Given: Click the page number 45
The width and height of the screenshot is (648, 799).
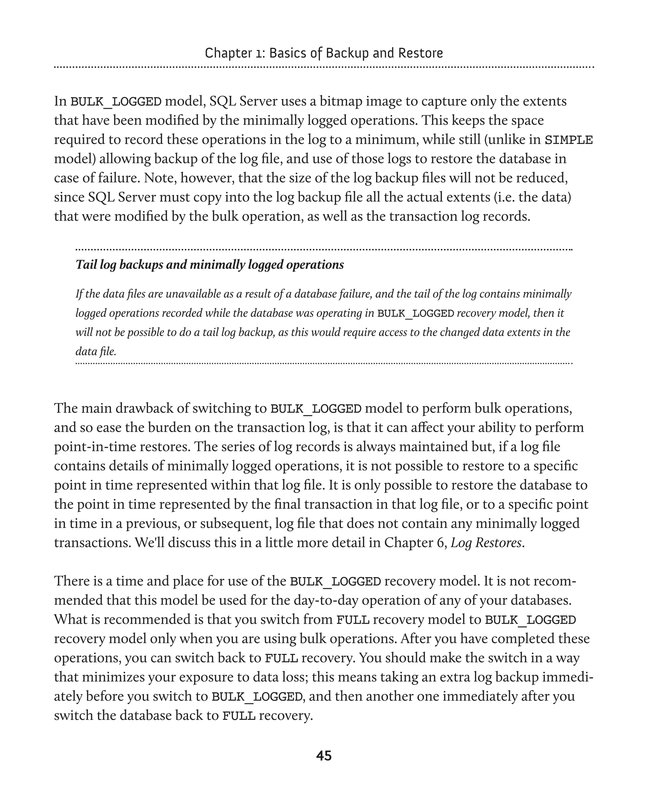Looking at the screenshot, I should click(x=324, y=756).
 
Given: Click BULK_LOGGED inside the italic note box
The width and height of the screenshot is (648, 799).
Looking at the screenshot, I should click(x=415, y=313).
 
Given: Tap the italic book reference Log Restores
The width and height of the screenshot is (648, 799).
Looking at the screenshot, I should click(x=486, y=542).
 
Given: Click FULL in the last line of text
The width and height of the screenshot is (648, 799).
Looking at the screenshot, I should click(x=239, y=716).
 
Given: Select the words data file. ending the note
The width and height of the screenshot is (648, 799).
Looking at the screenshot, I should click(x=96, y=351).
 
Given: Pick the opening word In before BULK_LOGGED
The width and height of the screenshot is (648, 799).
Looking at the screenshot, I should click(x=60, y=101).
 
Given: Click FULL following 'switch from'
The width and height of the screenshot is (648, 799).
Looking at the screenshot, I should click(x=353, y=620).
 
